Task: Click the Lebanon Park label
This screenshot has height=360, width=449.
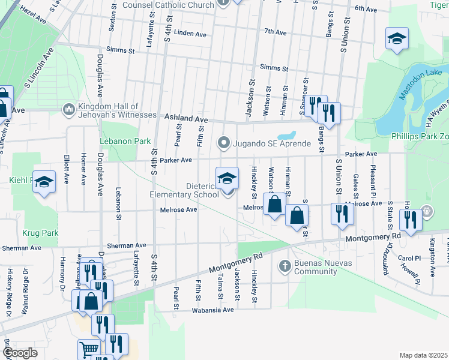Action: click(125, 142)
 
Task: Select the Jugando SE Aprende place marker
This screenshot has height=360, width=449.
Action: click(224, 143)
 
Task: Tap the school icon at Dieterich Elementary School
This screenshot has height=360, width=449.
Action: click(226, 178)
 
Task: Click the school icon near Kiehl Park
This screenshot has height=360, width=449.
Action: click(44, 182)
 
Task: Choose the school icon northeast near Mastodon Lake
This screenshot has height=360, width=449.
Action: click(397, 39)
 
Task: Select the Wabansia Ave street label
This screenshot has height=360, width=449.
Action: click(212, 310)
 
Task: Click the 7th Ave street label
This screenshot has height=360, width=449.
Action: click(276, 31)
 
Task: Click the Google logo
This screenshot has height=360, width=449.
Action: click(19, 353)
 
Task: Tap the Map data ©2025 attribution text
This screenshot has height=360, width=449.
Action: click(423, 355)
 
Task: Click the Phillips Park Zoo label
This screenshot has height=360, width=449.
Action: click(417, 136)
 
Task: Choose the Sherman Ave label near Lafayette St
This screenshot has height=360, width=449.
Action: click(126, 245)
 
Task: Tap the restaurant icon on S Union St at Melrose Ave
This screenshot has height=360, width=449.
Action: click(342, 214)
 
